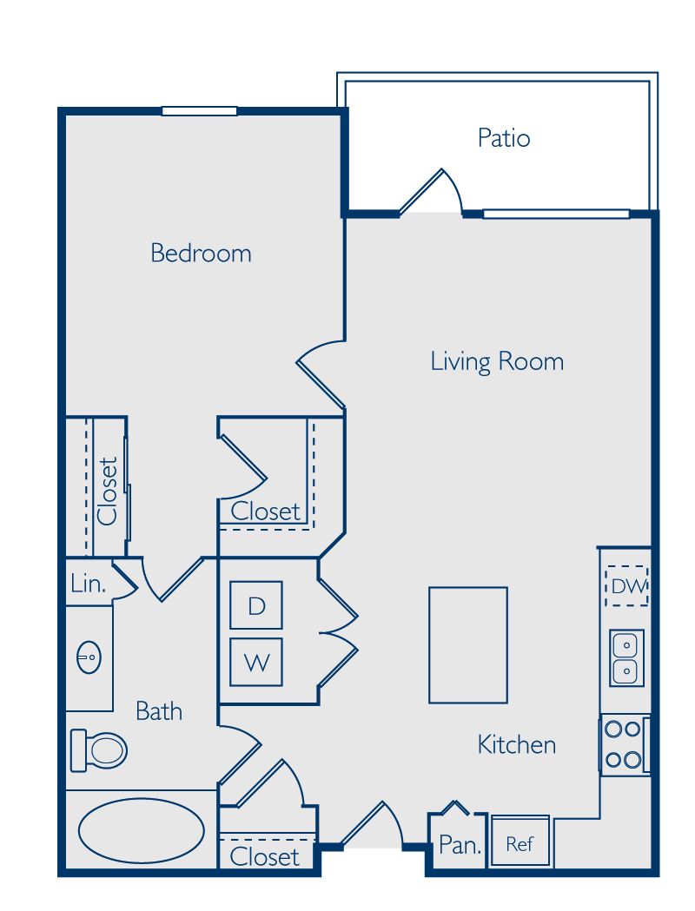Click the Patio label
click(504, 138)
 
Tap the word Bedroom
click(201, 254)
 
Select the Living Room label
click(497, 361)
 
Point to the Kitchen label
click(517, 744)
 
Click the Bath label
click(159, 711)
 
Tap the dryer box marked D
click(256, 605)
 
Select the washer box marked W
click(256, 663)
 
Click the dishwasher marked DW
click(627, 585)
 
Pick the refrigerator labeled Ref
click(520, 842)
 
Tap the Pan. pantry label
click(460, 845)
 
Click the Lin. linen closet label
click(89, 584)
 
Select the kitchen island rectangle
click(468, 645)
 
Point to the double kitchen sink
click(626, 657)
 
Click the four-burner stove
click(625, 744)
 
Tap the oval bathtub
click(142, 830)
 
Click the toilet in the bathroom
click(99, 750)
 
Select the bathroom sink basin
click(89, 657)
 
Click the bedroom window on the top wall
click(199, 111)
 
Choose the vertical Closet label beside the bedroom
click(108, 491)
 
